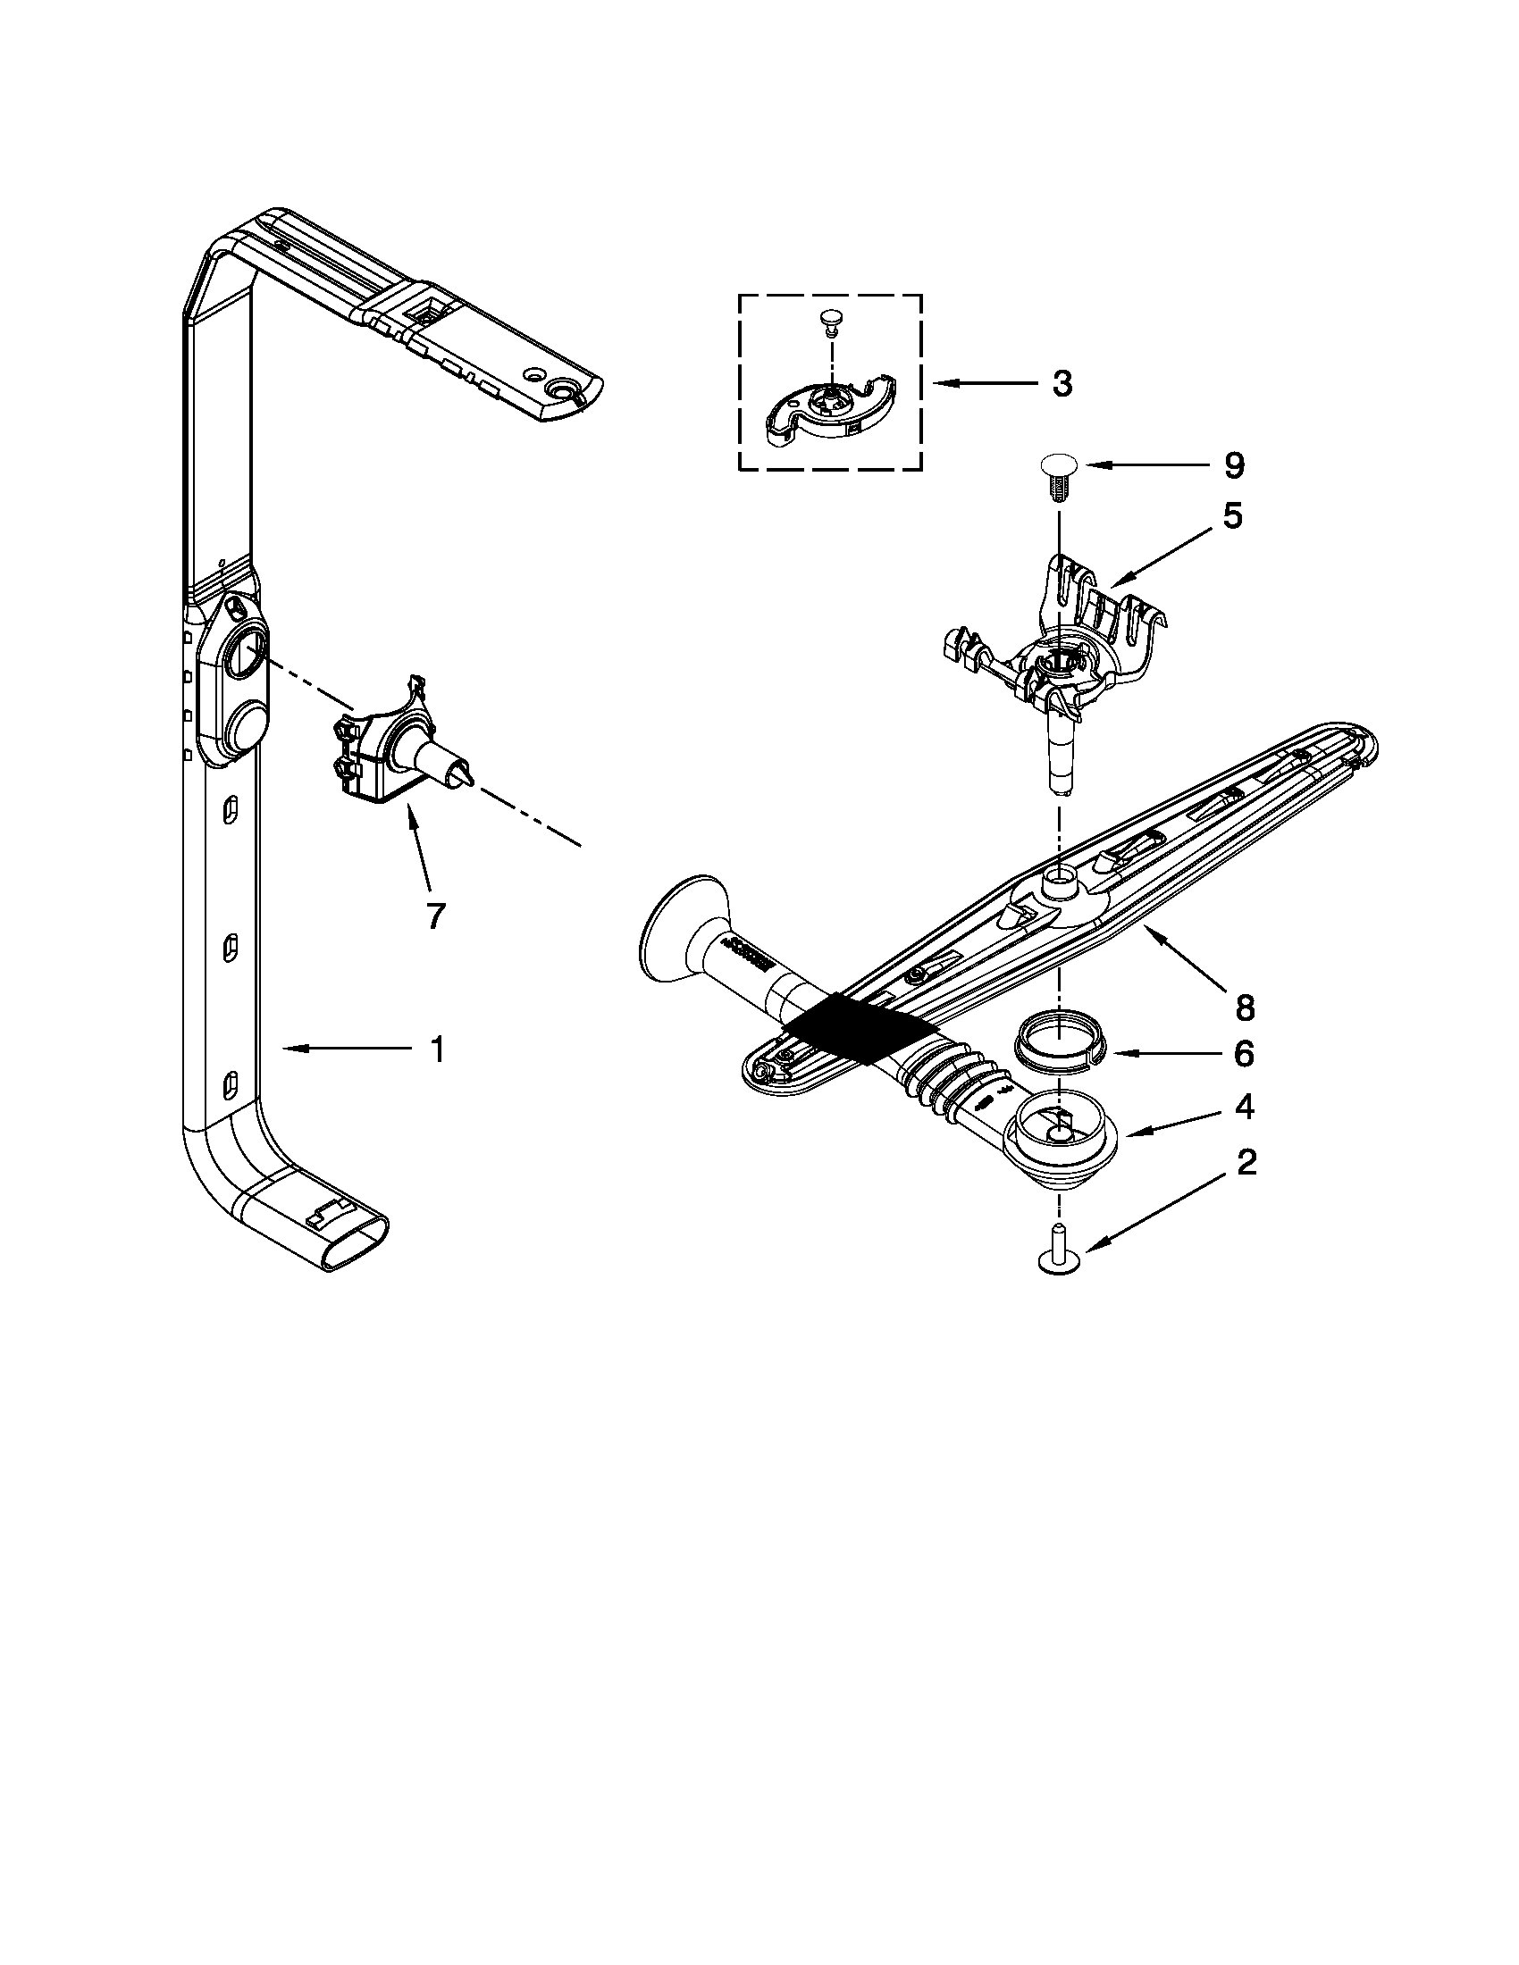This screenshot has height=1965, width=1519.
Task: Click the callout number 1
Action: (x=436, y=1049)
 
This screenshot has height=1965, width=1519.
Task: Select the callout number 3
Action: (x=1062, y=384)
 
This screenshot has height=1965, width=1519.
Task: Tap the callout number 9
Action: (x=1234, y=465)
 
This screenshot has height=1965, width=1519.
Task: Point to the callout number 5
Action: (x=1232, y=516)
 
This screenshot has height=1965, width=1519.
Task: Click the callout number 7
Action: (x=434, y=914)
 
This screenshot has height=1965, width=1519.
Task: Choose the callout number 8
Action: (x=1245, y=1008)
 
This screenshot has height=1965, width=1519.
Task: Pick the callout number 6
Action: (x=1243, y=1054)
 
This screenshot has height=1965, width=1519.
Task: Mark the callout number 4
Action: (x=1245, y=1108)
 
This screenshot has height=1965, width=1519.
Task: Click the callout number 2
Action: (x=1246, y=1163)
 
